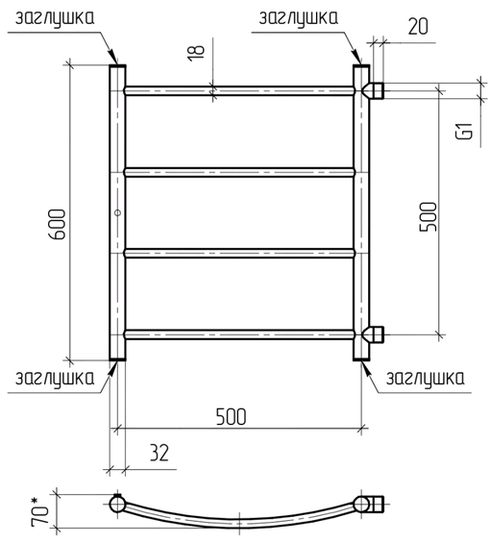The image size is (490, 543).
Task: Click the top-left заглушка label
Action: click(x=55, y=18)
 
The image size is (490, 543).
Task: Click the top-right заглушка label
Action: click(x=299, y=18)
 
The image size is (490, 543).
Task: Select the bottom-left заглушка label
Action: click(x=55, y=378)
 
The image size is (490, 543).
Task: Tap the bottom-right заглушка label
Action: click(x=426, y=378)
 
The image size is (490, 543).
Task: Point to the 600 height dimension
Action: click(x=57, y=224)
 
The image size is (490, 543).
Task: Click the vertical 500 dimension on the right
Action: click(x=429, y=217)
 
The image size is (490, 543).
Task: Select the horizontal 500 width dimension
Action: click(x=231, y=416)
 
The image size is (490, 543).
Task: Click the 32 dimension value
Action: click(x=159, y=453)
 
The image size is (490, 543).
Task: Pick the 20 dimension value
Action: click(x=418, y=27)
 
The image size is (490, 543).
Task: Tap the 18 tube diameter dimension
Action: click(x=196, y=53)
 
